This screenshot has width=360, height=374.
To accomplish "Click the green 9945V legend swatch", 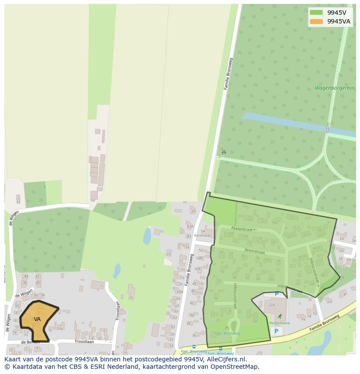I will pos(316,13).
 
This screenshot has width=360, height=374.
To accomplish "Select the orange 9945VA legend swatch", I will pos(316,21).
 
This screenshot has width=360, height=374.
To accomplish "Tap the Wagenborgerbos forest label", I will pos(335,88).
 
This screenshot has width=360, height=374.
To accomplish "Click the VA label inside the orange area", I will pos(37,319).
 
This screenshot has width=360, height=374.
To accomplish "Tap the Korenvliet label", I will pos(203,235).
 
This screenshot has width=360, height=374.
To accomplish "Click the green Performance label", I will pos(279,323).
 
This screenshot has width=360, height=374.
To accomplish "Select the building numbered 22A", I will pos(271,305).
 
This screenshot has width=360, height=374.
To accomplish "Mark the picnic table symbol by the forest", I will pos(223,152).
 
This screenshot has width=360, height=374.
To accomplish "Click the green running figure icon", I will pos(280,316).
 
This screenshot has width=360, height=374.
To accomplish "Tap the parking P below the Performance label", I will pos(275,331).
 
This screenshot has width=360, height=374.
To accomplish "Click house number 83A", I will pos(190,226).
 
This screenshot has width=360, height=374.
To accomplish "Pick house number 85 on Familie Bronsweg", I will pos(194,212).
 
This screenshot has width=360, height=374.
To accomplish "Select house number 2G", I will pos(342,238).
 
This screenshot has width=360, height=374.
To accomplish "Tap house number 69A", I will pos(180,292).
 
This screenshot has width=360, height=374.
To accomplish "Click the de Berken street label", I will pos(30,342).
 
